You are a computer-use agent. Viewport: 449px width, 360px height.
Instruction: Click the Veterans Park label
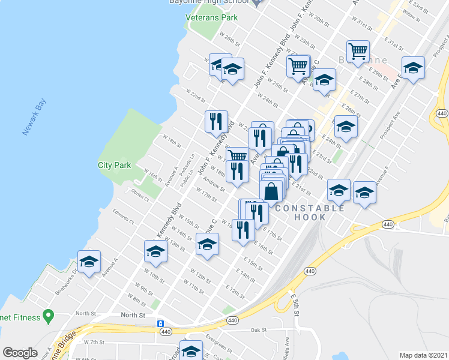tap(211, 17)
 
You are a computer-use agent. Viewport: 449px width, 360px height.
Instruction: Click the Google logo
tap(20, 353)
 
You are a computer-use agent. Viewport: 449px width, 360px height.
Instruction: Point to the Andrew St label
tap(214, 183)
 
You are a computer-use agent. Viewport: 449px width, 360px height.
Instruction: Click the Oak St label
tap(258, 329)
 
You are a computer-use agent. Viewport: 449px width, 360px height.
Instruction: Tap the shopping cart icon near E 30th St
tap(358, 52)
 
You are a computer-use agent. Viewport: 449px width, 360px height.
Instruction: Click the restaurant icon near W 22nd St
tap(216, 121)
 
